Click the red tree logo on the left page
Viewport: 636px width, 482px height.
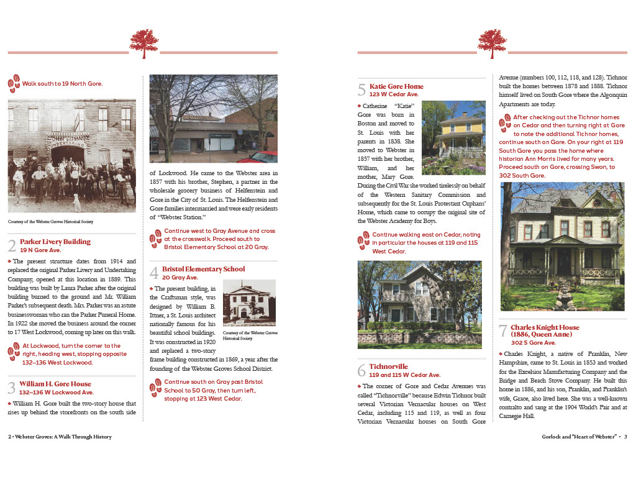tap(143, 43)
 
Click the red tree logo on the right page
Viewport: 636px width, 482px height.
tap(492, 43)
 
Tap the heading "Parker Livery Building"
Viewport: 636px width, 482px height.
tap(55, 242)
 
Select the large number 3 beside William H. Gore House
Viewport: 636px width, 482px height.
tap(12, 388)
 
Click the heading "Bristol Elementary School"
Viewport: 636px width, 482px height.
tap(204, 269)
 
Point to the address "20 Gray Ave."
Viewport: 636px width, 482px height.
tap(181, 278)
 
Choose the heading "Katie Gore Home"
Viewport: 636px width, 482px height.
tap(396, 86)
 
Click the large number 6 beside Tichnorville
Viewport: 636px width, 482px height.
tap(361, 371)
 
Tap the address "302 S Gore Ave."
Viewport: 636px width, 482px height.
tap(533, 342)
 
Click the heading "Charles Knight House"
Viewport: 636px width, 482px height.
tap(545, 327)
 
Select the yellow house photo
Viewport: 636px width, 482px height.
tap(453, 137)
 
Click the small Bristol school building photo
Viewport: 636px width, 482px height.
tap(248, 304)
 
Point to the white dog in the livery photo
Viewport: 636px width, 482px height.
tap(76, 202)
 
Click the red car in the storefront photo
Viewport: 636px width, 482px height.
tap(257, 157)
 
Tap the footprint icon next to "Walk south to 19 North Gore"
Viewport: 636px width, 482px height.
tap(14, 83)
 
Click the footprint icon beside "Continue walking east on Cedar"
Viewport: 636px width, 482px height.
tap(363, 239)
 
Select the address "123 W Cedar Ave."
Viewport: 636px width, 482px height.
tap(394, 94)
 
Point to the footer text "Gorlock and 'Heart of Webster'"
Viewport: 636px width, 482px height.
tap(579, 437)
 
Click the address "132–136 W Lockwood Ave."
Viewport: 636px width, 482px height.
tap(56, 393)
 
